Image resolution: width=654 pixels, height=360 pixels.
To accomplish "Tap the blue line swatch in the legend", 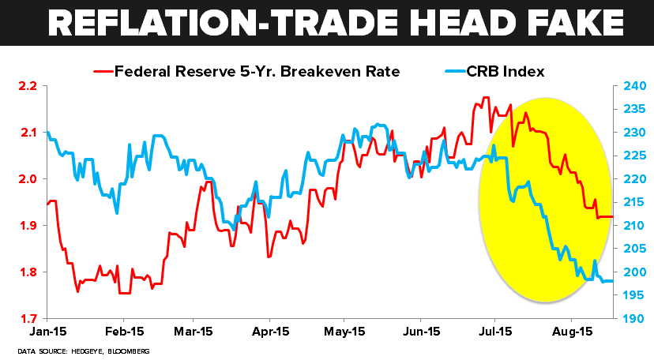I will click(x=450, y=72).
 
